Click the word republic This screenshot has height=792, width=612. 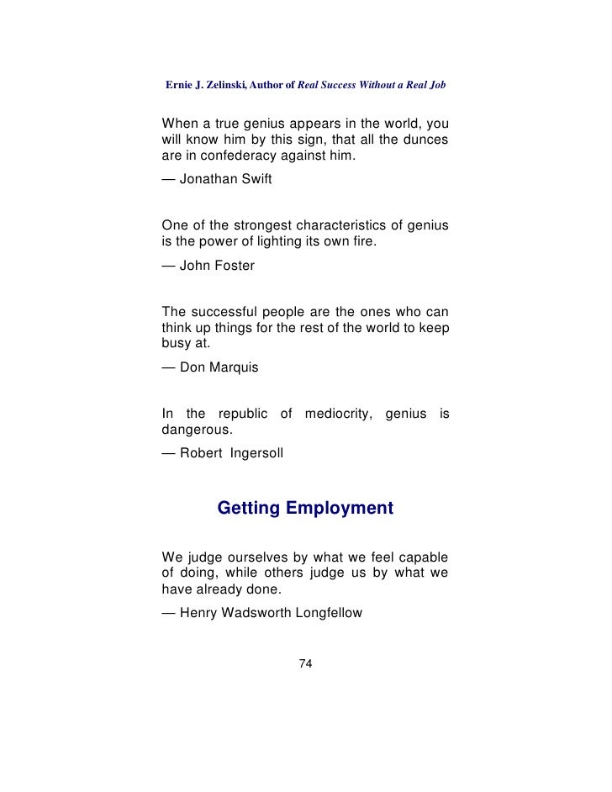244,414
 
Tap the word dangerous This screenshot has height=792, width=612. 196,430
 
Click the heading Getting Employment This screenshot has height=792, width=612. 305,509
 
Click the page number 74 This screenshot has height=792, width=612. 306,664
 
